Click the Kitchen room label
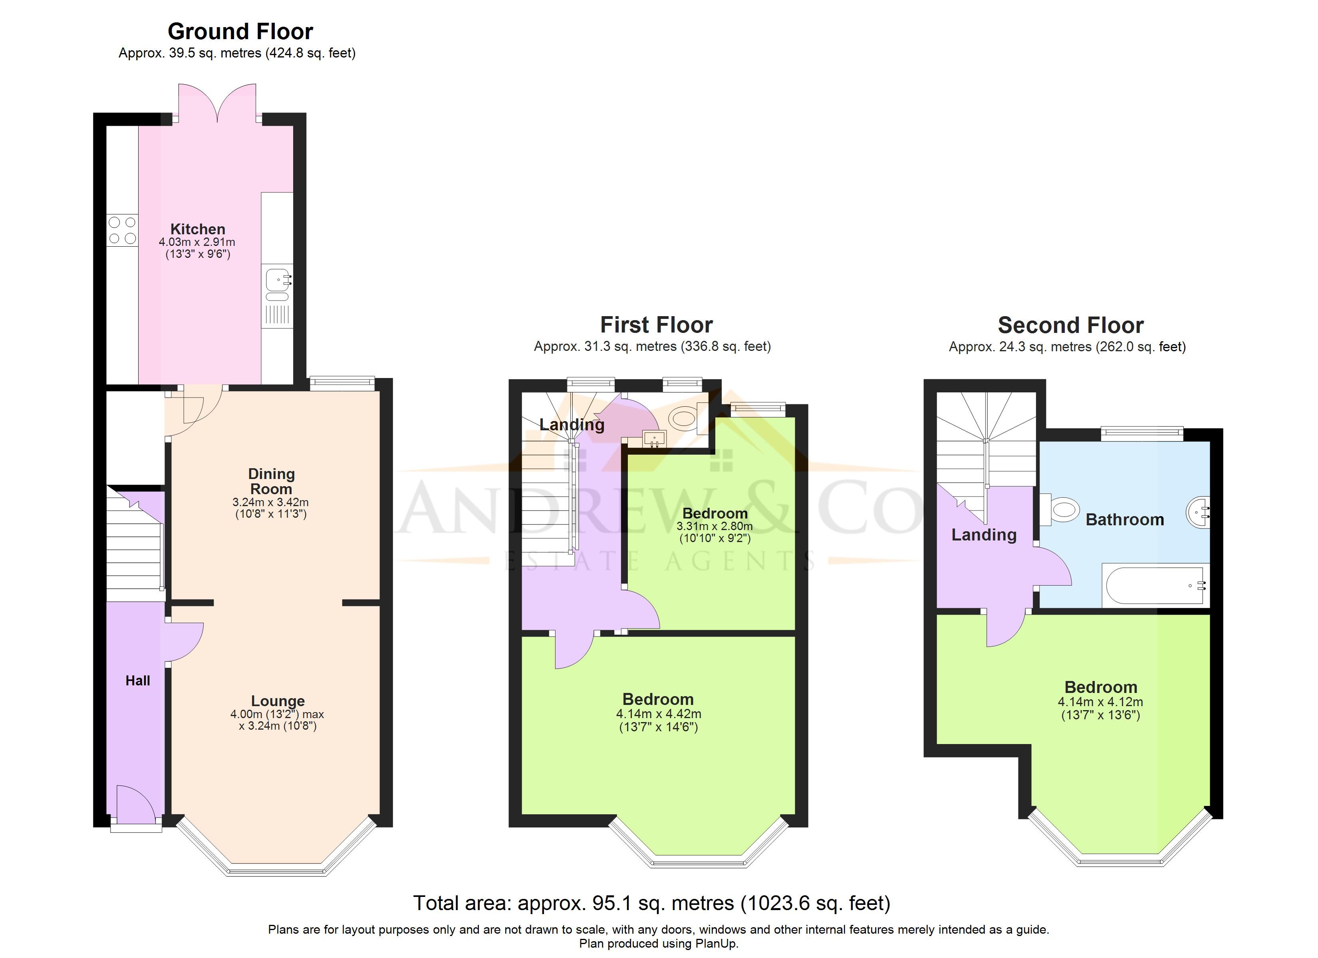click(198, 229)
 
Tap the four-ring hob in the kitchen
click(123, 230)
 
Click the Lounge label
click(278, 701)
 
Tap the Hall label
click(138, 680)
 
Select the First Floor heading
click(656, 325)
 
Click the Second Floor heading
click(1070, 325)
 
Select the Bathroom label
click(1124, 519)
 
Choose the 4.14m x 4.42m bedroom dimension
click(659, 713)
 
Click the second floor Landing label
click(984, 535)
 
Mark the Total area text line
click(651, 903)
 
